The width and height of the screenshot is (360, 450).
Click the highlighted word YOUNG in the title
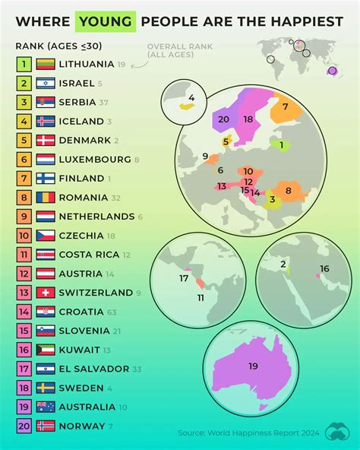(x=106, y=21)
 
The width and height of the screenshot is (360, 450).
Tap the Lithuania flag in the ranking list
(x=45, y=65)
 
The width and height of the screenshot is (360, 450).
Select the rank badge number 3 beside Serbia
(x=24, y=103)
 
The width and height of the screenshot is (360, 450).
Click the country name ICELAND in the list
(x=84, y=122)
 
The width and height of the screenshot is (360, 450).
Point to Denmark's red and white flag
(x=45, y=141)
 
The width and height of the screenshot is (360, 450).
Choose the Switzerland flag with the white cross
(x=45, y=293)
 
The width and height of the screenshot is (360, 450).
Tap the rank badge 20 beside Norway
(x=24, y=426)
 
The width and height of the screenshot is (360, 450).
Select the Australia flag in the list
(x=45, y=407)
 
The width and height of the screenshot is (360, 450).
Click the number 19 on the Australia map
(x=253, y=366)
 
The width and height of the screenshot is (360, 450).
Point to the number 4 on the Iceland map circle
(x=191, y=98)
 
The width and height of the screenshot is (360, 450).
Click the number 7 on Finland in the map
(x=285, y=107)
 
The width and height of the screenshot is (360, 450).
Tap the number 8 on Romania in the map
(x=288, y=190)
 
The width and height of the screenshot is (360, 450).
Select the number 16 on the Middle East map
(x=324, y=268)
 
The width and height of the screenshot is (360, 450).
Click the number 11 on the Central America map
(x=201, y=298)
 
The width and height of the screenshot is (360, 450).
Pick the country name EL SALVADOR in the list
(x=94, y=369)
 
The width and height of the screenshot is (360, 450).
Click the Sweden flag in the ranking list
(x=45, y=388)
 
